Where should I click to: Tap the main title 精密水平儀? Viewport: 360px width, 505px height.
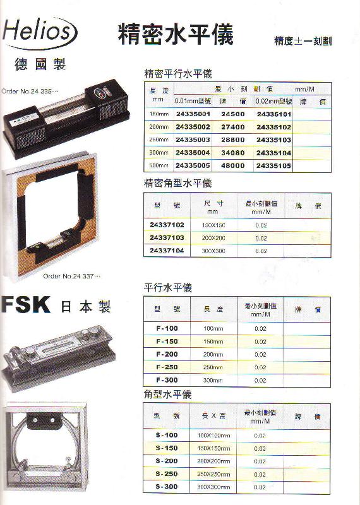(x=176, y=34)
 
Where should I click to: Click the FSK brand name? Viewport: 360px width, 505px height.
(x=26, y=306)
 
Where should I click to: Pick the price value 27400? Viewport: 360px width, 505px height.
(x=232, y=126)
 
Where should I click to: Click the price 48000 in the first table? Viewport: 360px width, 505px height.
(x=232, y=165)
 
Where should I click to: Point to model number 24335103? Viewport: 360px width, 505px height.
(x=273, y=140)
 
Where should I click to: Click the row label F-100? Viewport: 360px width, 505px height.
(x=167, y=329)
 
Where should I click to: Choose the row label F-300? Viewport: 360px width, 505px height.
(x=167, y=380)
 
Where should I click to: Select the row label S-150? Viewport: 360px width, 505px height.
(x=167, y=448)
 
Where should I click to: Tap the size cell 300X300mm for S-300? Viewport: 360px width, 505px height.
(x=214, y=487)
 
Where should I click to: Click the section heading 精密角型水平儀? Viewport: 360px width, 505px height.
(x=178, y=183)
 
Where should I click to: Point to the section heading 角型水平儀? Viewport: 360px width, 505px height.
(x=168, y=395)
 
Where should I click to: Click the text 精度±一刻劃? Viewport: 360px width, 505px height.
(x=303, y=41)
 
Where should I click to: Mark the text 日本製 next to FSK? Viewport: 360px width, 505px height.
(x=85, y=307)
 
